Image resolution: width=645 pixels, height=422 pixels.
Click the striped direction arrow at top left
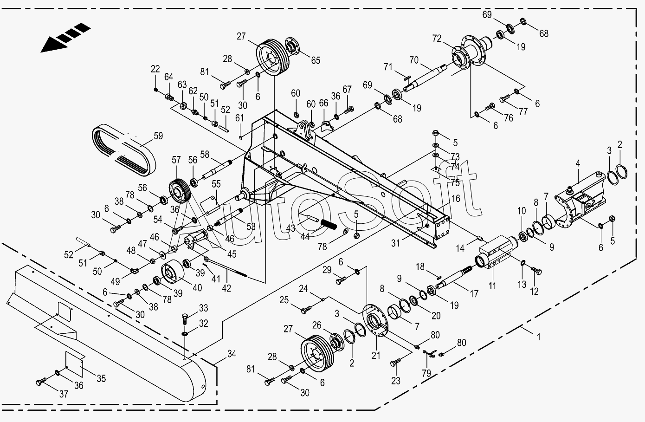pos(65,38)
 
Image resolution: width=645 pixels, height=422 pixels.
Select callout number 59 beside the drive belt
pos(158,136)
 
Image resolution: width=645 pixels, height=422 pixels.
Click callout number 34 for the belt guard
pos(232,353)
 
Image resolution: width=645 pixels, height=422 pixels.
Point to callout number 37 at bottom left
pos(64,394)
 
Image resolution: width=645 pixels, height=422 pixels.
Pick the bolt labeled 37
pos(41,382)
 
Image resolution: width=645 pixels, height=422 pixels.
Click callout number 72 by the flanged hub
pos(437,39)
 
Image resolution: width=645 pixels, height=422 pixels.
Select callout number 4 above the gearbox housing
pos(578,163)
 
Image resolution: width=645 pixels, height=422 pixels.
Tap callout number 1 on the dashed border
pos(538,337)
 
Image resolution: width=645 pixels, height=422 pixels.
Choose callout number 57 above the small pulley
pos(176,160)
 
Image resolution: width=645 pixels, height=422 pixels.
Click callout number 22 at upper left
pos(155,69)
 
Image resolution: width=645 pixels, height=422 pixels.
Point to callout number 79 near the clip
pos(426,373)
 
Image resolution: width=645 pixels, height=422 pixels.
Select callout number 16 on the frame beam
pos(456,199)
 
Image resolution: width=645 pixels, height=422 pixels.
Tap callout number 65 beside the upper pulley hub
pos(316,60)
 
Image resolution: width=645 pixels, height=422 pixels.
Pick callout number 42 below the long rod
pos(226,288)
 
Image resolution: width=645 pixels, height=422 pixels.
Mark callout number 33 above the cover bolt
pos(203,308)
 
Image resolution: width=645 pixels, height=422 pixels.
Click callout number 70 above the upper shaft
pos(414,60)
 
